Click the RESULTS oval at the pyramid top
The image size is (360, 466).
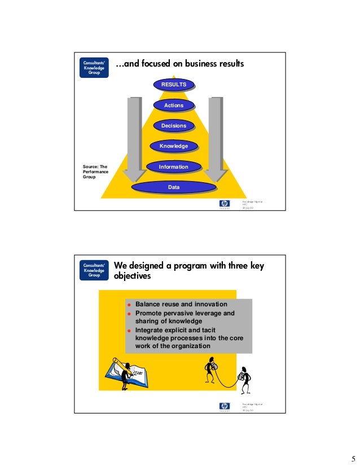pos(173,85)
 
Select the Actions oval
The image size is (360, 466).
pos(173,105)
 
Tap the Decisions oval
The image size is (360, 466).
pos(173,126)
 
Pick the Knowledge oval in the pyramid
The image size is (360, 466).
pos(173,147)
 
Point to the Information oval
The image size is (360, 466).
pos(173,167)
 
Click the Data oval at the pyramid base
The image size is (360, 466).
pos(173,187)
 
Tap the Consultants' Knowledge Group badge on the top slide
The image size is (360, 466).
pos(94,68)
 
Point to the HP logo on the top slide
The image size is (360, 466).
pos(225,204)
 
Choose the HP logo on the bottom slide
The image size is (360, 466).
pos(225,407)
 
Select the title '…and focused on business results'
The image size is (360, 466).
pos(179,65)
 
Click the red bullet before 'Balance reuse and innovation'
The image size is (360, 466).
pos(129,305)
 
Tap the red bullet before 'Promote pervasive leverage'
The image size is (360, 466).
pos(129,314)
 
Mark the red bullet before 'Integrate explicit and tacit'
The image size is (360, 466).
pos(129,331)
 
